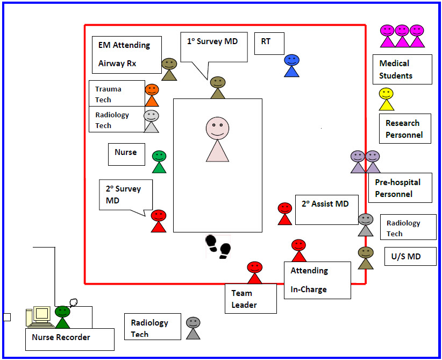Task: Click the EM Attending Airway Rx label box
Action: coord(127,55)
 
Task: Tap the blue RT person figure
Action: coord(292,66)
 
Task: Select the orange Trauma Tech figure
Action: coord(152,95)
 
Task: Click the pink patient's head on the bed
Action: coord(217,129)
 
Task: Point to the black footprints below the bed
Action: coord(218,246)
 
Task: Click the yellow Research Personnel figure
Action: coord(386,99)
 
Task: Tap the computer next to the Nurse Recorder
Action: coord(39,317)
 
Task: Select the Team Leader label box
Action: coord(251,299)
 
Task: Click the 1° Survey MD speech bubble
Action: coord(214,47)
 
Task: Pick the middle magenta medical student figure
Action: coord(402,36)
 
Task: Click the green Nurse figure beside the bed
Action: coord(159,161)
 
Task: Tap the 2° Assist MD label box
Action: coord(327,210)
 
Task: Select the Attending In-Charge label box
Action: coord(317,280)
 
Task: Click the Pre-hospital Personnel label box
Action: coord(400,188)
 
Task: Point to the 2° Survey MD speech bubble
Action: coord(126,195)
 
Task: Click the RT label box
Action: coord(269,44)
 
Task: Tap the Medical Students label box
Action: coord(402,69)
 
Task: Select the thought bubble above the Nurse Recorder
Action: coord(73,302)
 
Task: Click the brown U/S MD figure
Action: coord(366,258)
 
